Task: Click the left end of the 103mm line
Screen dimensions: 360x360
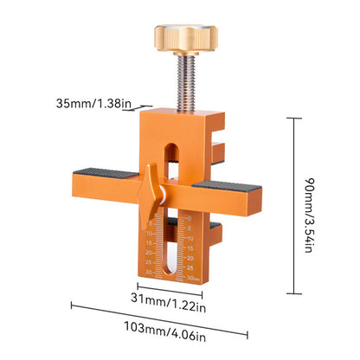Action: click(71, 305)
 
